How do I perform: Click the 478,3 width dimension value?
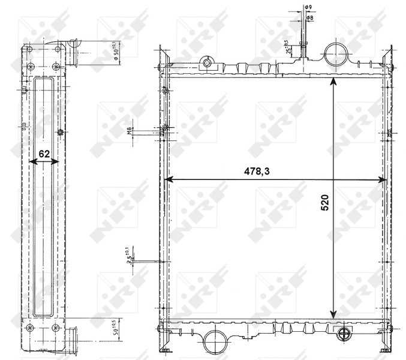point(257,172)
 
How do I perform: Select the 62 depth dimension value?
point(44,154)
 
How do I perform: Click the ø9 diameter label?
point(308,8)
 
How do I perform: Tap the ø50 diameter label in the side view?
point(118,52)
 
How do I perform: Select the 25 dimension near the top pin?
point(288,48)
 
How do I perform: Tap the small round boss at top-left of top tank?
point(207,63)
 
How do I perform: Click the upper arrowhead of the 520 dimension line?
point(333,82)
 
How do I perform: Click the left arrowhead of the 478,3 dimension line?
point(169,179)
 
